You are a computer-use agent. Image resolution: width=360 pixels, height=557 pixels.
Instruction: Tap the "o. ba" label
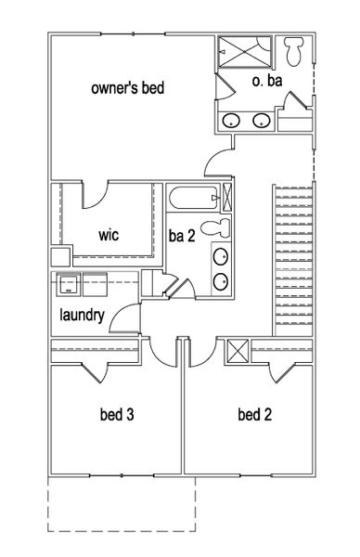(267, 81)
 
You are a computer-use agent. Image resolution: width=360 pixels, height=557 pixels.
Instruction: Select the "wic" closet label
(110, 235)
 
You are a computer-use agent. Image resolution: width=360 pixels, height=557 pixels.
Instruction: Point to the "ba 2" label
(181, 235)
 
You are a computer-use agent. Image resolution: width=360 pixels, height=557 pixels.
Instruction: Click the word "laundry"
(83, 315)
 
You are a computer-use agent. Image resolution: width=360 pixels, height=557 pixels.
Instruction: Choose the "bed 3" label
(117, 414)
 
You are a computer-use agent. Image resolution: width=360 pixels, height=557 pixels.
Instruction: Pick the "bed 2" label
(254, 414)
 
